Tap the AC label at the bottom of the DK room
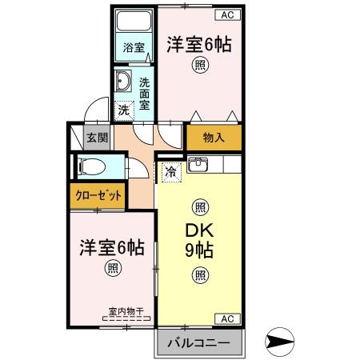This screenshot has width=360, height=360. [x=226, y=318]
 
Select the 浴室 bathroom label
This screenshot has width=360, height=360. [x=134, y=47]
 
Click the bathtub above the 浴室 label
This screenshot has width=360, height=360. [x=134, y=21]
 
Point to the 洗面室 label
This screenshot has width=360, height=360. [x=144, y=93]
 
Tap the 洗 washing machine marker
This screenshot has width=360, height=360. [x=123, y=110]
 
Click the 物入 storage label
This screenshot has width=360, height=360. [x=214, y=138]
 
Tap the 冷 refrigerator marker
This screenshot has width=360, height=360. [x=170, y=170]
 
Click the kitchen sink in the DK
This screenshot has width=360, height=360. [x=198, y=167]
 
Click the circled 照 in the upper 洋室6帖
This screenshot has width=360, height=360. [x=198, y=68]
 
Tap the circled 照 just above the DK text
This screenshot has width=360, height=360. [x=199, y=205]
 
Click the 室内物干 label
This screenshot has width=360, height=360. [x=124, y=312]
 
